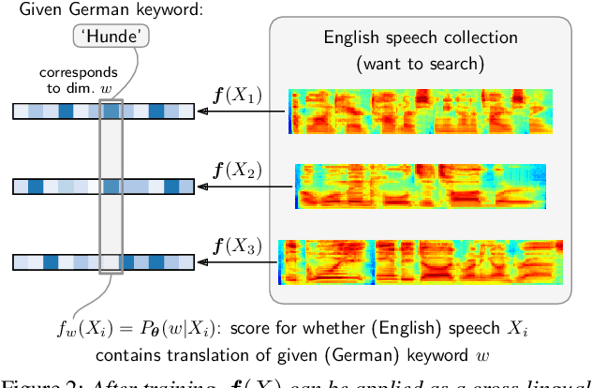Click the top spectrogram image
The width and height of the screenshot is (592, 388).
399,112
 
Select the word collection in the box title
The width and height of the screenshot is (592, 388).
474,38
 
